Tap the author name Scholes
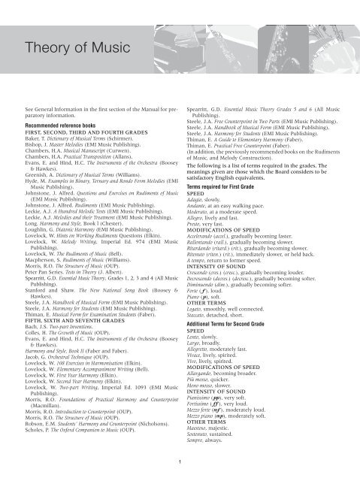41,430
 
